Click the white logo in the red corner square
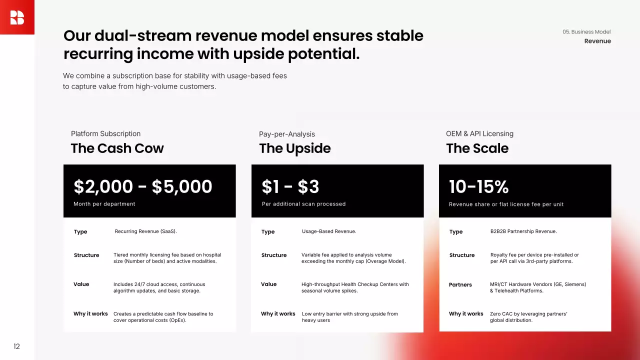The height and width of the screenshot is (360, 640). coord(17,17)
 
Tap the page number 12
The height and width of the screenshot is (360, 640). coord(16,346)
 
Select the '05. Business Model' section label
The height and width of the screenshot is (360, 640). coord(586,31)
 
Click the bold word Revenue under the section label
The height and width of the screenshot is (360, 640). coord(597,41)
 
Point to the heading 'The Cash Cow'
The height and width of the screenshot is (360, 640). coord(117,148)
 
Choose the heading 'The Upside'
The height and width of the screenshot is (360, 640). coord(295,148)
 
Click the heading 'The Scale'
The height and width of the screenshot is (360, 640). coord(477,148)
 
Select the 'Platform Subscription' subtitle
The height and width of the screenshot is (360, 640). coord(105,133)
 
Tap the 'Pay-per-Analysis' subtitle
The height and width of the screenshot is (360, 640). coord(287,134)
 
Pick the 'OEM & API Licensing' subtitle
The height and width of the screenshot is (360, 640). coord(479,133)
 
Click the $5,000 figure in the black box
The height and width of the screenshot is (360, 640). coord(182,186)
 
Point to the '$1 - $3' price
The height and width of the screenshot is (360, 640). coord(290,186)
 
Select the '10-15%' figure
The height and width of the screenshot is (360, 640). coord(479,186)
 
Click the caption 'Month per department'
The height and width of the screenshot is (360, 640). coord(104,204)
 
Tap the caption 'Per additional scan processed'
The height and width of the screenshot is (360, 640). coord(303,204)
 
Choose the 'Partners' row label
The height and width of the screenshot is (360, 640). coord(460,284)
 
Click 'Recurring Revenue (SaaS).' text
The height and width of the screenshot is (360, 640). coord(145,231)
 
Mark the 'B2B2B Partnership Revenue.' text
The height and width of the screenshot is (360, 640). coord(523,231)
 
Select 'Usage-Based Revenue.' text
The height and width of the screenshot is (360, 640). coord(329,231)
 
